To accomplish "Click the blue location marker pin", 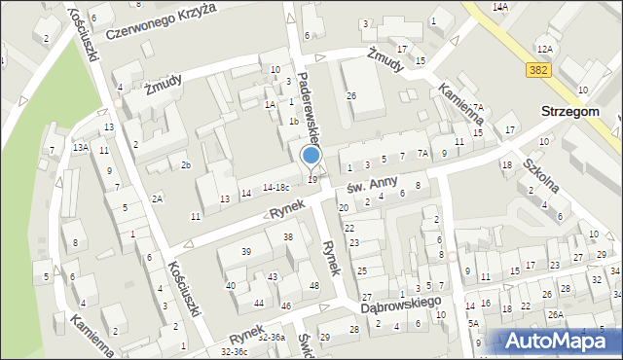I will (311, 155).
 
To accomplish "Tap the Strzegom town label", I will (580, 112).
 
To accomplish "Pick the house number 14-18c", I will (276, 187).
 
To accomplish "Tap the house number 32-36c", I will (239, 351).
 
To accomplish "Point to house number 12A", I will (544, 48).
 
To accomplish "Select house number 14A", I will (500, 7).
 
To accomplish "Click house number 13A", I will (81, 147).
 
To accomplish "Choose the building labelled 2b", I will (184, 164).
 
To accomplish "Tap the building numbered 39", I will (246, 252).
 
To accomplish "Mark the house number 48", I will (313, 285).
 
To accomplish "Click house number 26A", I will (555, 314).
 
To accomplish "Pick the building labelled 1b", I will (292, 122).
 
